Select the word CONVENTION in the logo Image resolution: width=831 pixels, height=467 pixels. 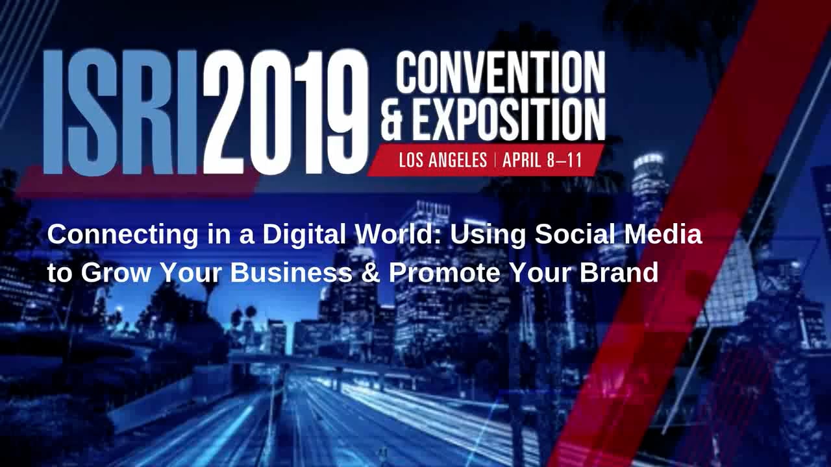pyautogui.click(x=500, y=73)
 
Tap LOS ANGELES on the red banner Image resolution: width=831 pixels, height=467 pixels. pyautogui.click(x=443, y=160)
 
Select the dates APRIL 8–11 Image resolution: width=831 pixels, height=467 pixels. pyautogui.click(x=542, y=160)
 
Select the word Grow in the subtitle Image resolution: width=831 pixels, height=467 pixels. pyautogui.click(x=117, y=273)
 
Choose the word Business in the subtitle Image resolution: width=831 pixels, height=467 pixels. pyautogui.click(x=291, y=273)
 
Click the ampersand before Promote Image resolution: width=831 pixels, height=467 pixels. pyautogui.click(x=371, y=273)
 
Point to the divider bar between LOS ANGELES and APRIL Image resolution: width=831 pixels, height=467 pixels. pyautogui.click(x=495, y=160)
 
